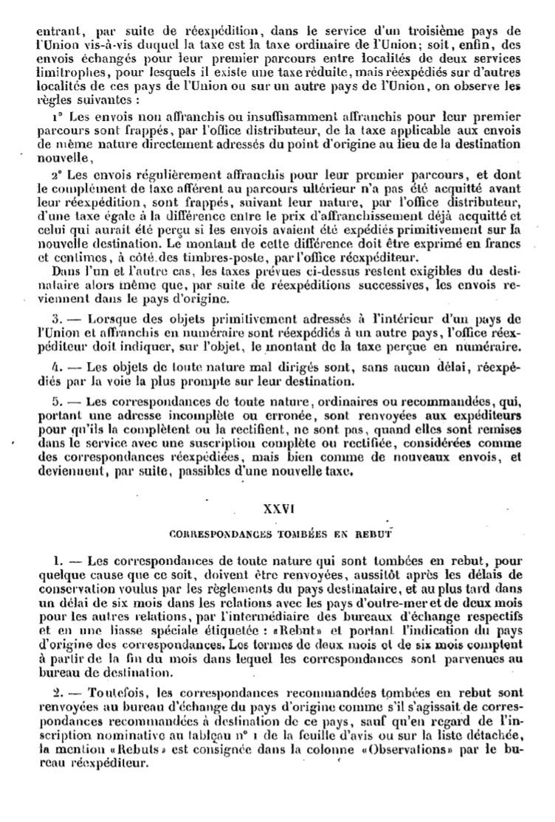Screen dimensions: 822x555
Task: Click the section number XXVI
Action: [x=278, y=509]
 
